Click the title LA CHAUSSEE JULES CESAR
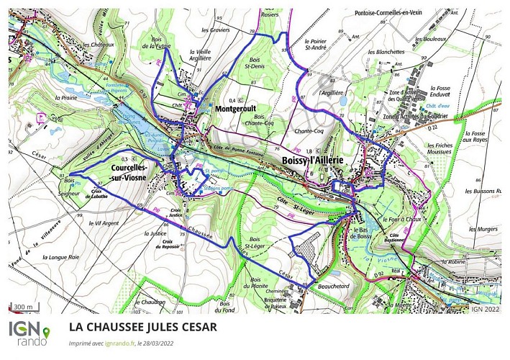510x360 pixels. [142, 327]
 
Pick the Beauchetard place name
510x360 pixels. [336, 287]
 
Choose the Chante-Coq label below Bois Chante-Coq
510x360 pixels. [309, 131]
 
